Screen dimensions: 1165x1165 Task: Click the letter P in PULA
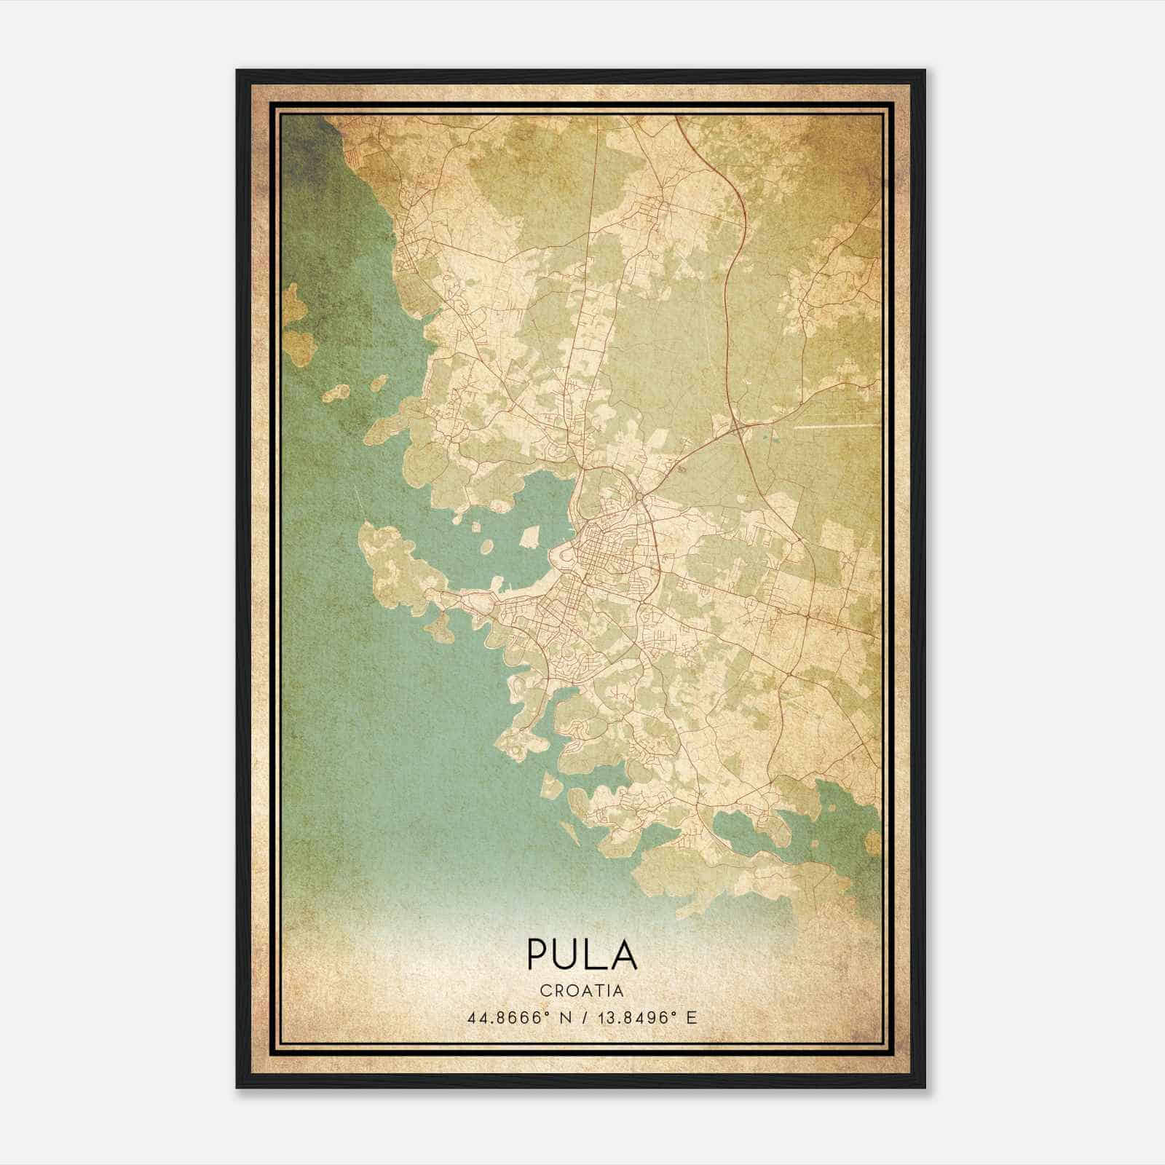[x=537, y=955]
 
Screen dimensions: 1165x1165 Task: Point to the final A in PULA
[x=623, y=955]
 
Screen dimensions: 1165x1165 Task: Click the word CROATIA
[x=582, y=990]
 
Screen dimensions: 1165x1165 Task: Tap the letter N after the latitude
[x=562, y=1017]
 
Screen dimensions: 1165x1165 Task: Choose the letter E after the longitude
[x=691, y=1017]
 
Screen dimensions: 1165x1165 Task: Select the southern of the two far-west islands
[x=297, y=347]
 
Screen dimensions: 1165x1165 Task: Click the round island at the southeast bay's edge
[x=872, y=843]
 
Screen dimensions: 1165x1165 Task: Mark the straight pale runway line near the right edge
[x=834, y=426]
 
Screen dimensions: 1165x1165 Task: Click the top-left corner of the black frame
[x=238, y=71]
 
